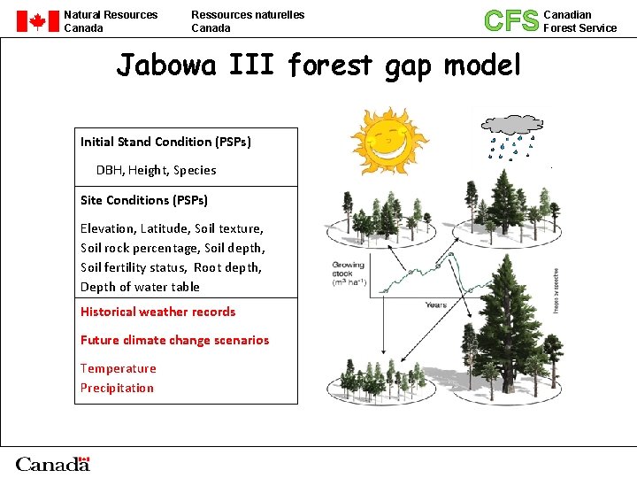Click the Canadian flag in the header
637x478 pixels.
(x=37, y=21)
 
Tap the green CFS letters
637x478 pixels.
(x=510, y=20)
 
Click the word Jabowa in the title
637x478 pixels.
(x=166, y=66)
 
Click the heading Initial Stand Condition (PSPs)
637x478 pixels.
(x=165, y=142)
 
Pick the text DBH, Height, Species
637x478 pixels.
(x=156, y=170)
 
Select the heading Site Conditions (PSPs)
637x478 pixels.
(x=144, y=200)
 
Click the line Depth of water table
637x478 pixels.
(x=140, y=287)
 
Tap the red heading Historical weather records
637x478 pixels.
(x=157, y=312)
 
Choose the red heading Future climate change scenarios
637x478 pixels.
(x=174, y=340)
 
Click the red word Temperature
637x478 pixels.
(x=118, y=368)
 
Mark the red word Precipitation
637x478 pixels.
(x=117, y=388)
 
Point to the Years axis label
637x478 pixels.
(x=435, y=305)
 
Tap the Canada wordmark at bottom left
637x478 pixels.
(x=52, y=464)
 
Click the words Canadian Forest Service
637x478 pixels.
(x=579, y=21)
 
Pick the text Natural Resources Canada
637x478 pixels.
(x=111, y=21)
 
